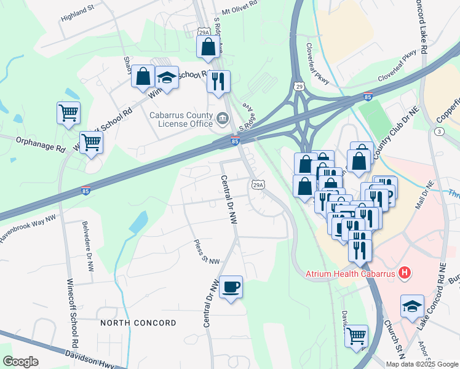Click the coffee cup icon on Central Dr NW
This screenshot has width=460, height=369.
(x=231, y=287)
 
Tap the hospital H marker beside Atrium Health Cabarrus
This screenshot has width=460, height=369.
(x=405, y=272)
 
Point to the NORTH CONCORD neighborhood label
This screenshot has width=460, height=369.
(x=138, y=323)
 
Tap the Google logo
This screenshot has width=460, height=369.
(x=20, y=362)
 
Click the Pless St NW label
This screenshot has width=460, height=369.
(x=206, y=252)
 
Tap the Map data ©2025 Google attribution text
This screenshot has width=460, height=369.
(x=421, y=364)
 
